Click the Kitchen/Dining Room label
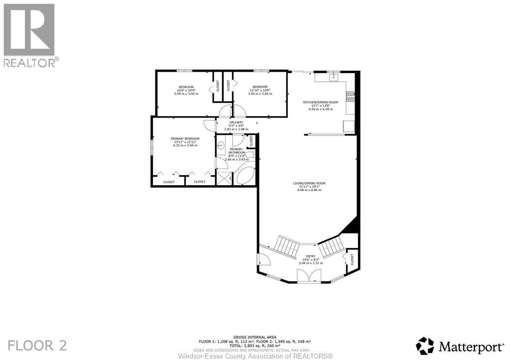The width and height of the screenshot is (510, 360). (321, 105)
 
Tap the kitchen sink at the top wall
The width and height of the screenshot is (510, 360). (333, 77)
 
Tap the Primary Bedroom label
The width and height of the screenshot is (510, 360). (185, 141)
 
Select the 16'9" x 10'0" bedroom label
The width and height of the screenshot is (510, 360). (186, 90)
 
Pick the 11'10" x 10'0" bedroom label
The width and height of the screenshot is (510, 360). (260, 90)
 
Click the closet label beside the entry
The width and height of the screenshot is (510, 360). (352, 259)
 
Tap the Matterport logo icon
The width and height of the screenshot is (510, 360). (425, 345)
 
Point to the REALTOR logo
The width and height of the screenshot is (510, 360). (29, 35)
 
